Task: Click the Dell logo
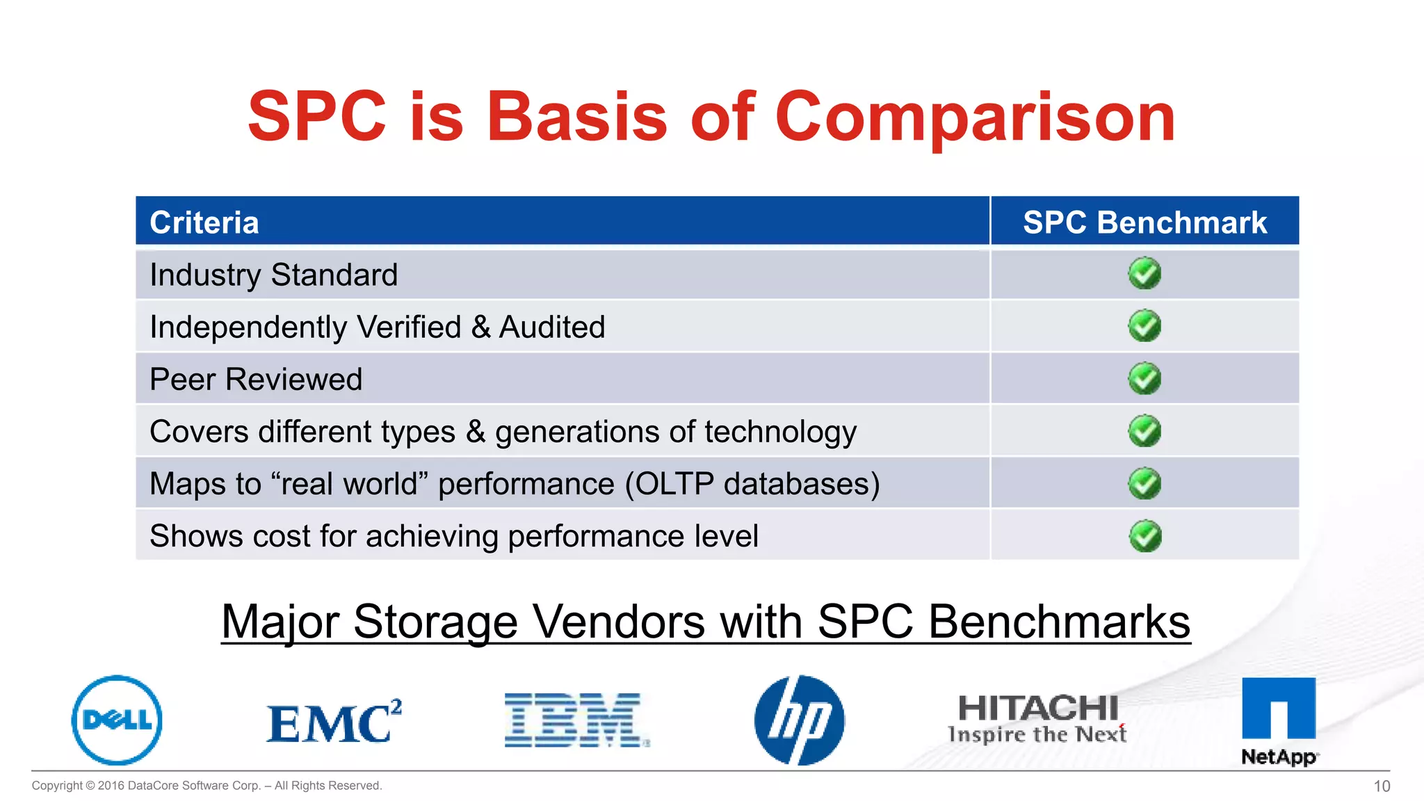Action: [x=117, y=720]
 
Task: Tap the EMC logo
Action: [x=334, y=722]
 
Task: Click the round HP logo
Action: [x=800, y=720]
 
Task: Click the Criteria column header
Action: [x=204, y=222]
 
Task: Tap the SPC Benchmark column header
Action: [x=1144, y=222]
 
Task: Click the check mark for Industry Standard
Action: [x=1144, y=274]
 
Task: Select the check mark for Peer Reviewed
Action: [x=1144, y=379]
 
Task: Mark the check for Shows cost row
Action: [x=1144, y=536]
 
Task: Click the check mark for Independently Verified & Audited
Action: [x=1144, y=326]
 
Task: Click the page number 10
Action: [x=1382, y=786]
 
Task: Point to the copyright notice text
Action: [x=207, y=786]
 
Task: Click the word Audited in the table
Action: [x=552, y=327]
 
